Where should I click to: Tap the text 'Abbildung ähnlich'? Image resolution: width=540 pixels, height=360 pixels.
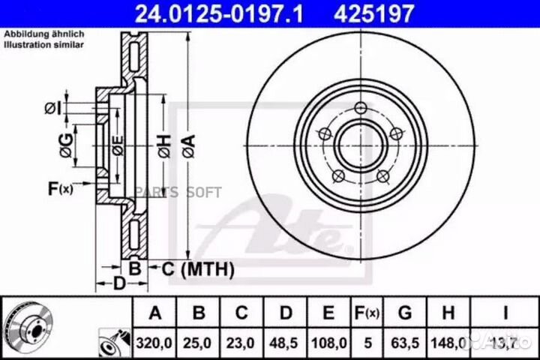tap(44, 35)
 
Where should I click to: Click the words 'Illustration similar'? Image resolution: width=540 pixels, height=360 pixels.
tap(44, 45)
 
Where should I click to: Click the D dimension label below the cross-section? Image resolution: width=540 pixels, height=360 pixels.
tap(118, 283)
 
